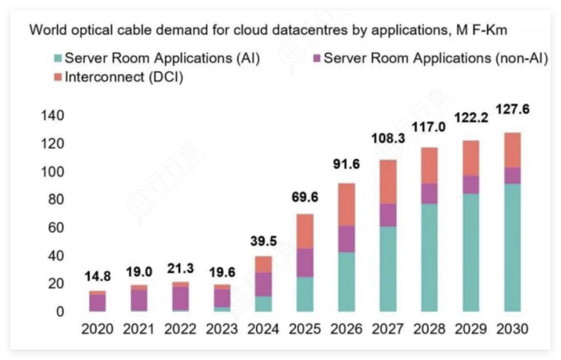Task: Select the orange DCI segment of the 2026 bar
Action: [346, 204]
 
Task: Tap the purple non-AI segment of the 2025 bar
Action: [304, 262]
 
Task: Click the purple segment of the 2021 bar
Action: [139, 300]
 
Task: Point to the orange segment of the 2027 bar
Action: [388, 181]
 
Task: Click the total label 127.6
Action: [513, 110]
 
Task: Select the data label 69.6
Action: [305, 197]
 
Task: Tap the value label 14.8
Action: [98, 276]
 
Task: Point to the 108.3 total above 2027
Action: [388, 139]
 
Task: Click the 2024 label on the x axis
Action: [263, 329]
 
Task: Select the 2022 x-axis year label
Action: [180, 329]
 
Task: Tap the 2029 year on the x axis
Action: [471, 329]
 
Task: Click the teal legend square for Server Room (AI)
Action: [58, 58]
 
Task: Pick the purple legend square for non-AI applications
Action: [317, 58]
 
